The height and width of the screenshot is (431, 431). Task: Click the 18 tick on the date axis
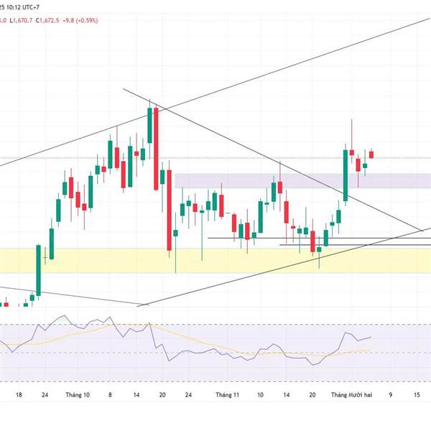pyautogui.click(x=19, y=394)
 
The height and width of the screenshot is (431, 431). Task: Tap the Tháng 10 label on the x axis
pyautogui.click(x=77, y=394)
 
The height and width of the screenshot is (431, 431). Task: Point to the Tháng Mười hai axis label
pyautogui.click(x=350, y=394)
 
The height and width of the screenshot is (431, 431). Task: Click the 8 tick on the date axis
pyautogui.click(x=110, y=394)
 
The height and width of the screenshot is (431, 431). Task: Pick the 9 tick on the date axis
pyautogui.click(x=391, y=394)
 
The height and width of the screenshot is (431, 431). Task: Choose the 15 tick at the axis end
pyautogui.click(x=417, y=394)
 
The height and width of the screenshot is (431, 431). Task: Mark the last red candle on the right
pyautogui.click(x=371, y=154)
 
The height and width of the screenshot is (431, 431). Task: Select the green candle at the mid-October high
pyautogui.click(x=149, y=126)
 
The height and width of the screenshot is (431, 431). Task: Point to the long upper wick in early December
pyautogui.click(x=351, y=133)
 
